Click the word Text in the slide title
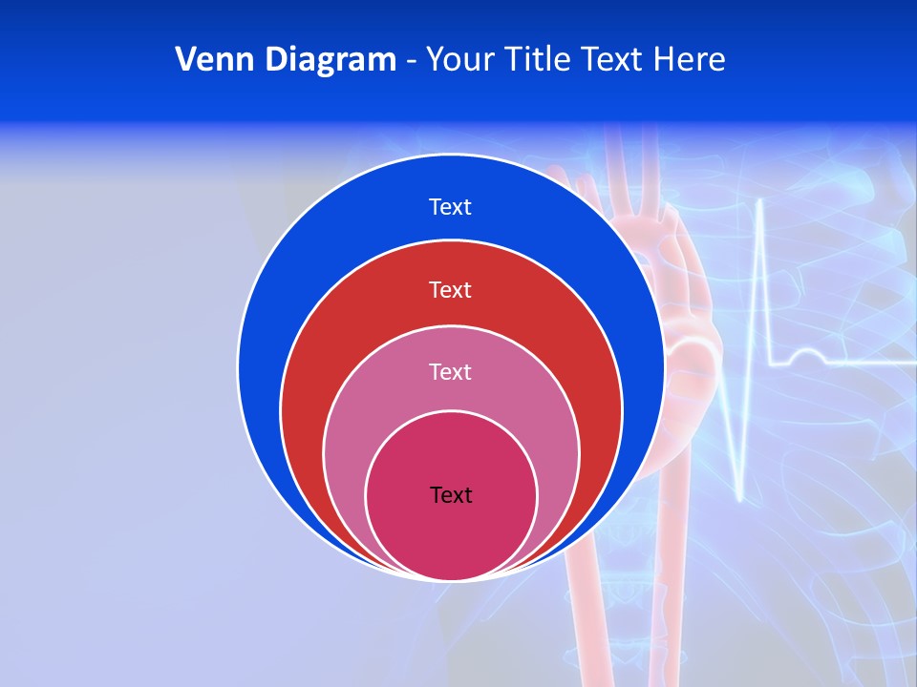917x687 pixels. point(615,60)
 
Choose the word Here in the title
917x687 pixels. point(690,60)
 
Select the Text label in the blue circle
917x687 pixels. point(450,207)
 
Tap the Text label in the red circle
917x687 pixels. point(450,289)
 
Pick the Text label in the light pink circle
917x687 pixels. point(450,371)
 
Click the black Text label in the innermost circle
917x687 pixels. point(451,494)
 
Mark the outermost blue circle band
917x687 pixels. point(287,286)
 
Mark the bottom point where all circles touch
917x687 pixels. point(451,578)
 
